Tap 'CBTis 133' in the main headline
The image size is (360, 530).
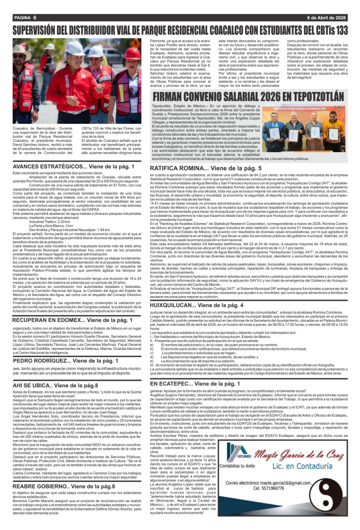pyautogui.click(x=324, y=31)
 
